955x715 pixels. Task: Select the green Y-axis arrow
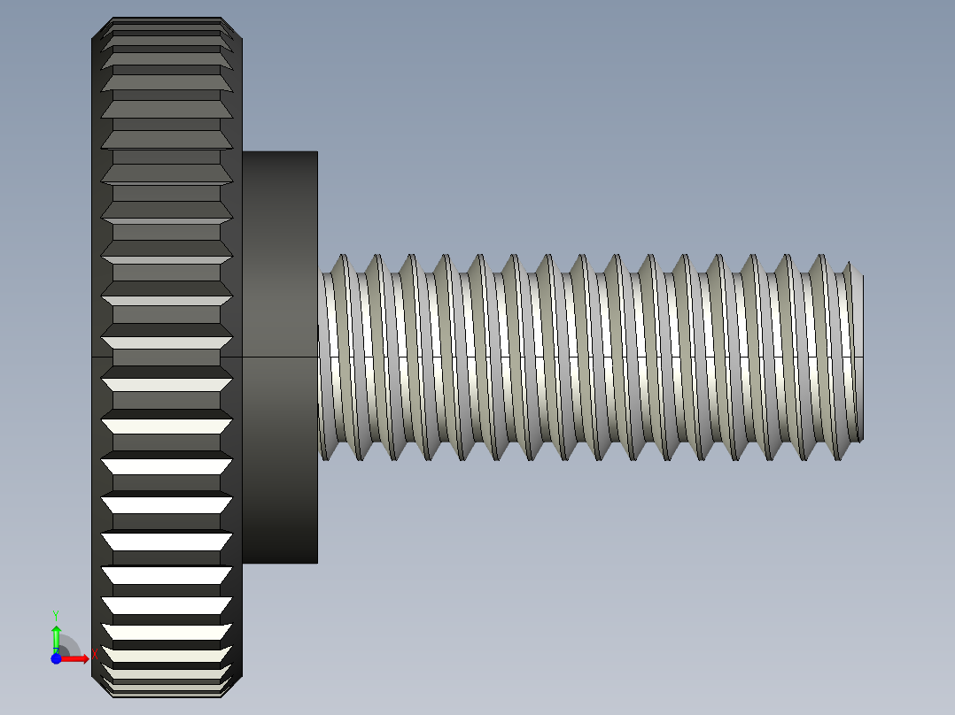56,637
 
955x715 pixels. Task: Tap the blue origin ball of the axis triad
56,658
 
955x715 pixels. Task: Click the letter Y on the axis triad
55,614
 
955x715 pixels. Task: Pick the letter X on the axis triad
94,655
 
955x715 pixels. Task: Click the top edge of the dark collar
279,151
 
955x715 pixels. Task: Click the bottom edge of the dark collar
279,563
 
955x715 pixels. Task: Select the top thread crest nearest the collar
342,258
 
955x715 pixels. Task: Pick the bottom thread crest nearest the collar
325,457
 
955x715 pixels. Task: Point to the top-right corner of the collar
317,152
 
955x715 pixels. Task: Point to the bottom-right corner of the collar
317,563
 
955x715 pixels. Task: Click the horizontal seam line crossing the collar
279,357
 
